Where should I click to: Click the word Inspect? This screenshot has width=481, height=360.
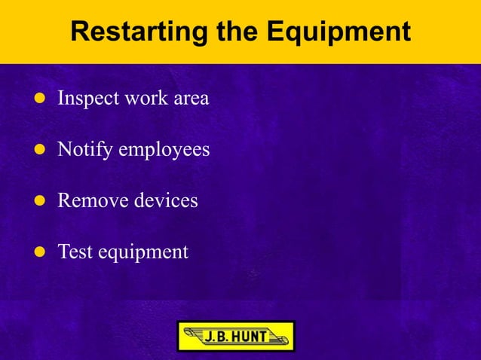pyautogui.click(x=85, y=99)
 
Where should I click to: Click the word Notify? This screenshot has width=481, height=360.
pyautogui.click(x=83, y=150)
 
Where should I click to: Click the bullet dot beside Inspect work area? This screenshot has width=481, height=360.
pyautogui.click(x=38, y=99)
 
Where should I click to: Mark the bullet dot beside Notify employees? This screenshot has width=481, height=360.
pyautogui.click(x=38, y=150)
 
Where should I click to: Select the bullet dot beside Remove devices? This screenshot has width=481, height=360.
pyautogui.click(x=38, y=201)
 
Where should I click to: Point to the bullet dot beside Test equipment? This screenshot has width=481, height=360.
pyautogui.click(x=38, y=252)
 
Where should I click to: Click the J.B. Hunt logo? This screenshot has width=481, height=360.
pyautogui.click(x=235, y=337)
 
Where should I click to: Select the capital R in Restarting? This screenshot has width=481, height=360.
pyautogui.click(x=79, y=32)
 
